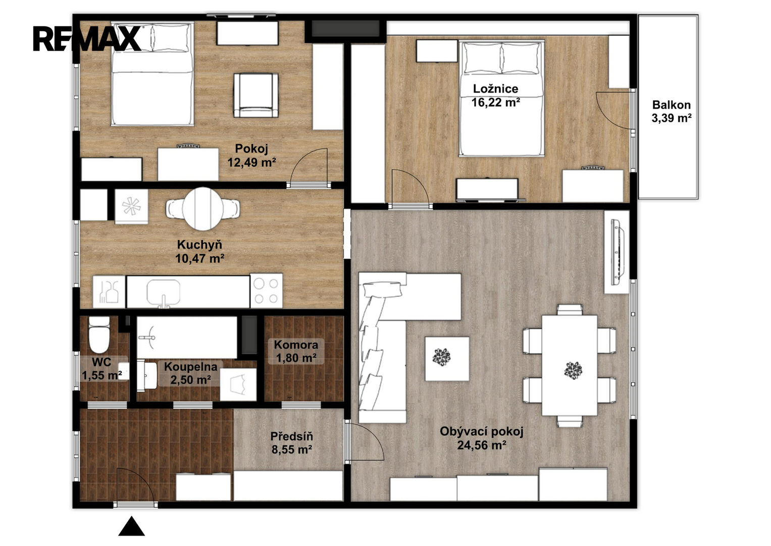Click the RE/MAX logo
point(87,38)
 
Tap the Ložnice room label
point(495,88)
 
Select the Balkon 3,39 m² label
point(671,111)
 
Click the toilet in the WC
point(99,335)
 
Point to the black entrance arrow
point(131,526)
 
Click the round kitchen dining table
point(202,209)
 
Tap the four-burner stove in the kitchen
point(267,291)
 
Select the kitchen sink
point(164,292)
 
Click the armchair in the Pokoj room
point(256,96)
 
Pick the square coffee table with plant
point(447,359)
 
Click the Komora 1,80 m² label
point(296,351)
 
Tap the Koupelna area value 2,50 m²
point(191,380)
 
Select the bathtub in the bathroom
point(187,338)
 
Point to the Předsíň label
point(291,436)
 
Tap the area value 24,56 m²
point(482,445)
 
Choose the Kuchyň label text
point(199,245)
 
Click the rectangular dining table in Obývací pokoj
point(570,366)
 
